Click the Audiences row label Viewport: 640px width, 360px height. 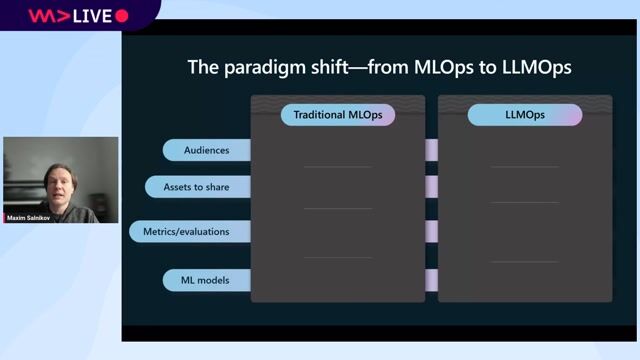pyautogui.click(x=206, y=150)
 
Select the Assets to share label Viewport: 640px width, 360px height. pyautogui.click(x=196, y=186)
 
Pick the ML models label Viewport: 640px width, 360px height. pyautogui.click(x=205, y=280)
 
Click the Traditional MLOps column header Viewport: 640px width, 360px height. pyautogui.click(x=337, y=115)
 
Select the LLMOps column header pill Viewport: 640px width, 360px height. pyautogui.click(x=525, y=115)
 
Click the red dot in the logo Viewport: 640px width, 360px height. pyautogui.click(x=122, y=16)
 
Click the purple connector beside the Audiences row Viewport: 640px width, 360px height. pyautogui.click(x=431, y=150)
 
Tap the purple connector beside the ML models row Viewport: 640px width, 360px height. pyautogui.click(x=431, y=280)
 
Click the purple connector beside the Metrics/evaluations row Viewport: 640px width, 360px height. pyautogui.click(x=431, y=231)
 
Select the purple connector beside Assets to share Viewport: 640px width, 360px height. pyautogui.click(x=431, y=186)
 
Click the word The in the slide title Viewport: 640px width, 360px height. pyautogui.click(x=203, y=68)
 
